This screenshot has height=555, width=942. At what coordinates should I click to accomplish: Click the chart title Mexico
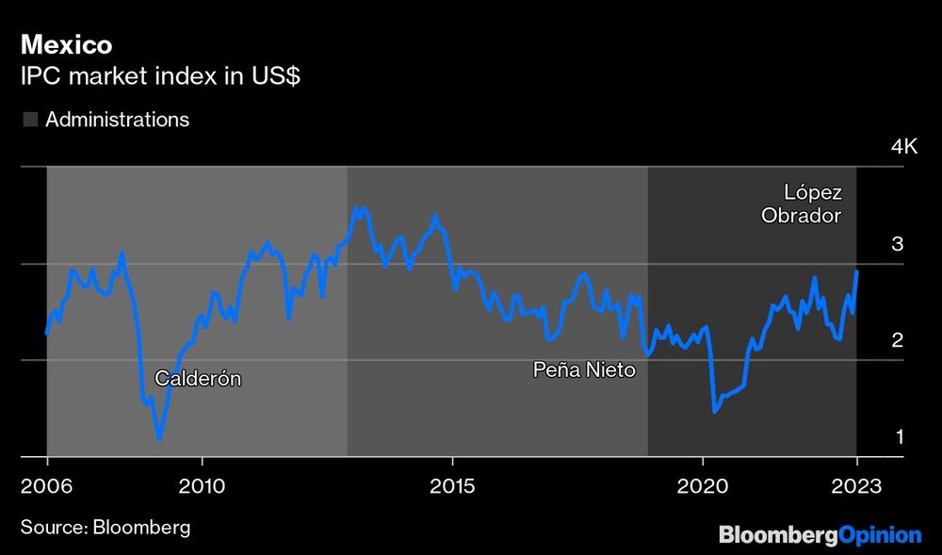click(x=67, y=44)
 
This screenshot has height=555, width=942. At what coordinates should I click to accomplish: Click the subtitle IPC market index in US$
click(x=160, y=77)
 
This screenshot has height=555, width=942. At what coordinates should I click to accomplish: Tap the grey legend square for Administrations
click(x=30, y=120)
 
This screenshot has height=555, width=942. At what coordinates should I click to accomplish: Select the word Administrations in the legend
click(x=117, y=120)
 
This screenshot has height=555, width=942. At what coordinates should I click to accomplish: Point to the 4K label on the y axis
click(x=903, y=147)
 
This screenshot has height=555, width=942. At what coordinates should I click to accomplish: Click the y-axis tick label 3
click(x=898, y=244)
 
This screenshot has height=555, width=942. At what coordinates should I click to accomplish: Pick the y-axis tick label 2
click(x=898, y=340)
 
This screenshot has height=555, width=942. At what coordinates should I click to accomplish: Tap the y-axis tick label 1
click(x=899, y=437)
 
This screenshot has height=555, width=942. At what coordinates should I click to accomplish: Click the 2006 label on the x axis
click(x=46, y=487)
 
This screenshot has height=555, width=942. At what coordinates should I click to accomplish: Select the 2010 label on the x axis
click(x=201, y=487)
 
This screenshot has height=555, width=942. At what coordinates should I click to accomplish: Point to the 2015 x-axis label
click(x=452, y=487)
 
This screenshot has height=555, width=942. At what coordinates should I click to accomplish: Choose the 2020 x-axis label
click(x=703, y=487)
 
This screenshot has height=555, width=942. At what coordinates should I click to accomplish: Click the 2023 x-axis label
click(x=856, y=487)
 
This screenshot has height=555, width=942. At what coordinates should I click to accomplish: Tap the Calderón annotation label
click(x=198, y=379)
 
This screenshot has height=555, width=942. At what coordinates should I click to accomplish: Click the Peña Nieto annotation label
click(x=584, y=370)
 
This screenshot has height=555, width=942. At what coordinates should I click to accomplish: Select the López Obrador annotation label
click(x=801, y=204)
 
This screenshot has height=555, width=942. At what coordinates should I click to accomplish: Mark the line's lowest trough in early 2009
click(x=159, y=438)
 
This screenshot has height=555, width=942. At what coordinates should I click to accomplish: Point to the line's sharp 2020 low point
click(x=715, y=411)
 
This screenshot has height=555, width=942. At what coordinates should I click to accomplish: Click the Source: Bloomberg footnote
click(x=105, y=527)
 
